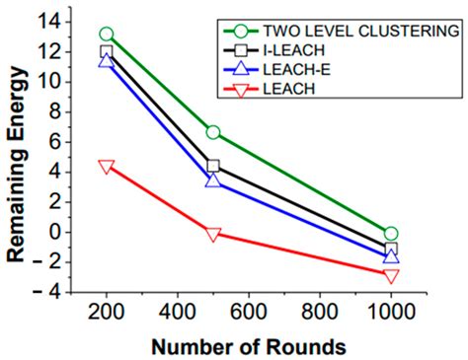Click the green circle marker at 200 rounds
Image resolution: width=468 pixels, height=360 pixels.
tap(107, 35)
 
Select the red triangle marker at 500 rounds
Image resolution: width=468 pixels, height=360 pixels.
tap(212, 234)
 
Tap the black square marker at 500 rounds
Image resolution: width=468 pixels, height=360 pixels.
tap(212, 166)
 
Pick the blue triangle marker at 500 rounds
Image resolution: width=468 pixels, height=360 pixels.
tap(212, 180)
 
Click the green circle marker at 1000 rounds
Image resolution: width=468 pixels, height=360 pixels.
tap(391, 234)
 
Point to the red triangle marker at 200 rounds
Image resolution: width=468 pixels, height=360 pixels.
tap(107, 166)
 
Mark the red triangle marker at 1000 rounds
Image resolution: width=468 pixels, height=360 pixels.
tap(391, 276)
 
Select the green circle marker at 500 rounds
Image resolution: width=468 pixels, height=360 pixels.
tap(212, 132)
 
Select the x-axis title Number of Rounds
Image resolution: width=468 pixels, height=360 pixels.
tap(249, 346)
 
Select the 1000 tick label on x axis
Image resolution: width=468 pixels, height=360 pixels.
tap(391, 313)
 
